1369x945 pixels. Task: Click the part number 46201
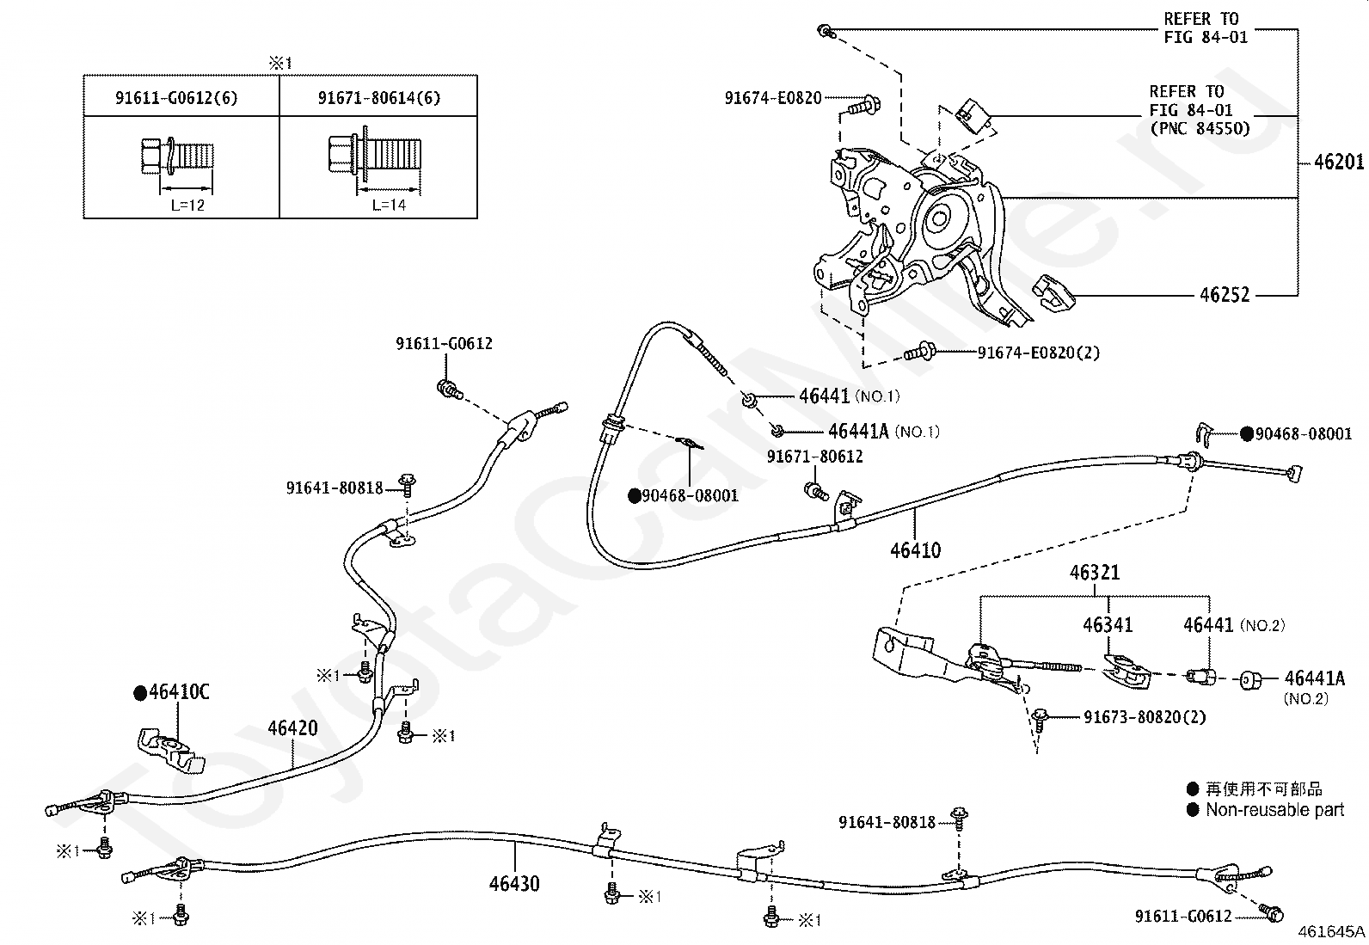pos(1339,162)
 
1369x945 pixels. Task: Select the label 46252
pos(1225,295)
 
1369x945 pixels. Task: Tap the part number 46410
pos(915,550)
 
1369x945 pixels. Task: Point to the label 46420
pos(292,728)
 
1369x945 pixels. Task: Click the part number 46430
pos(514,883)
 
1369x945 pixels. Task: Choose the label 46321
pos(1095,573)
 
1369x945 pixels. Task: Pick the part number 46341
pos(1108,625)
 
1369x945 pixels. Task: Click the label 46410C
pos(179,692)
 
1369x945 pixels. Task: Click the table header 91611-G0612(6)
pos(176,98)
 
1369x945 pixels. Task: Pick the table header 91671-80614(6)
pos(379,98)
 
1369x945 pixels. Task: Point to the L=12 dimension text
pos(187,206)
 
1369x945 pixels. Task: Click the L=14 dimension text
pos(390,205)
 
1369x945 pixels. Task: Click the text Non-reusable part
pos(1275,810)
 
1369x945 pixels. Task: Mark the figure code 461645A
pos(1332,931)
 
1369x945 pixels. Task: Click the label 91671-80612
pos(814,457)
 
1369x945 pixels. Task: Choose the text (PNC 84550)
pos(1200,129)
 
